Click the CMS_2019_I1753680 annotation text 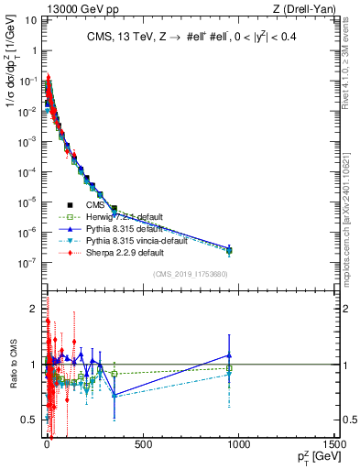[190, 274]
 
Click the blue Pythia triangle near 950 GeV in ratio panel [229, 355]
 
